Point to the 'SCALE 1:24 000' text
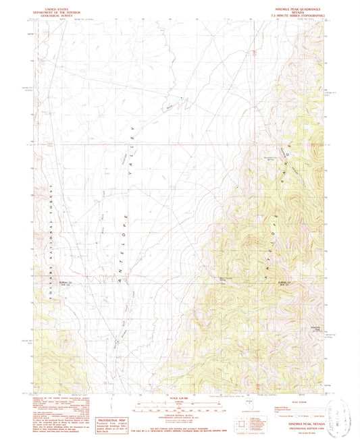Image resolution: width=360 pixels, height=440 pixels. click(x=180, y=396)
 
